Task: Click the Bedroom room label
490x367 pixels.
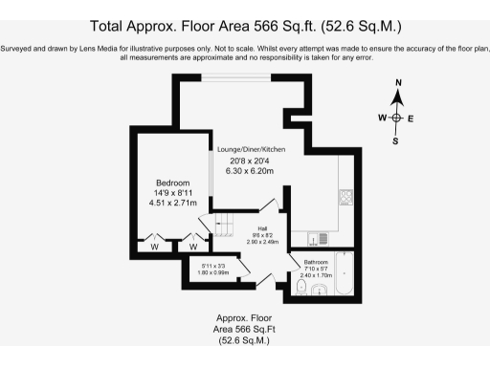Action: click(173, 183)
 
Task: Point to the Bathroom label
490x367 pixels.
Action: click(317, 261)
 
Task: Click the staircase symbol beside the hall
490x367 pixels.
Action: click(223, 226)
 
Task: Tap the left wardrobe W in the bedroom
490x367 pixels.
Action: click(153, 245)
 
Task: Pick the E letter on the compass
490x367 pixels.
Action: click(411, 118)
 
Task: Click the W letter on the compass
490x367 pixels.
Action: click(382, 118)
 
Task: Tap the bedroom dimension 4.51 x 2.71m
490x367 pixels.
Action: click(173, 203)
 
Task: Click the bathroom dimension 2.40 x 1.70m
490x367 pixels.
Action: click(317, 276)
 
